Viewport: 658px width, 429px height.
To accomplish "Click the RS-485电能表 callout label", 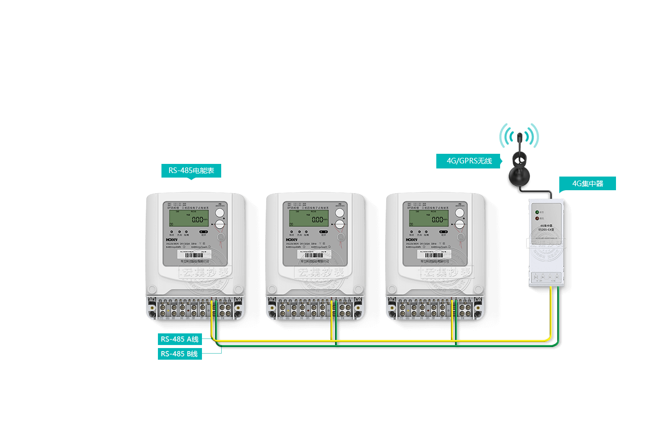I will [191, 170].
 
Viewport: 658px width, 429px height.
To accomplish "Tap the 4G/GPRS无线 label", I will [469, 161].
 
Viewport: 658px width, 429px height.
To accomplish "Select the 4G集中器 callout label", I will [588, 184].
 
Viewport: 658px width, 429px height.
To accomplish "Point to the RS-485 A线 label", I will [180, 339].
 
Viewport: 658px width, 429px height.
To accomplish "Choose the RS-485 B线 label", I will [180, 354].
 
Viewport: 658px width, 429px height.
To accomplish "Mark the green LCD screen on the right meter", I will [428, 219].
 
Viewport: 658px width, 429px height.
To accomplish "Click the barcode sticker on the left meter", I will [195, 256].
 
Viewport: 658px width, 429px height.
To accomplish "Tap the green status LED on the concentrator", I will [537, 212].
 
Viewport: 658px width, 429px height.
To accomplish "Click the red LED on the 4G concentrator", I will [537, 219].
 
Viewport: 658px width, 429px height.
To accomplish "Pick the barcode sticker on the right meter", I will [435, 256].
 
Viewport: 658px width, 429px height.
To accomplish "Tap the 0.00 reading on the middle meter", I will [317, 220].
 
